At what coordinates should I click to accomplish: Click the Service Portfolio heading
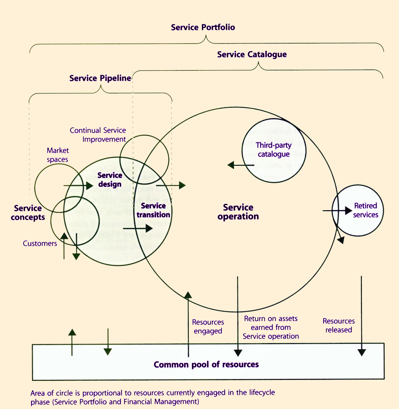tap(203, 28)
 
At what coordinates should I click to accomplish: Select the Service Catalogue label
tap(252, 55)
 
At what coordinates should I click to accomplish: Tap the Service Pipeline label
tap(100, 78)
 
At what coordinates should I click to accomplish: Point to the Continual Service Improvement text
tap(98, 135)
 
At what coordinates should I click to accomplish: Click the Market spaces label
tap(58, 155)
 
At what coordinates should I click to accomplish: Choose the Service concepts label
tap(28, 213)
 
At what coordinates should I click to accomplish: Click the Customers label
tap(40, 244)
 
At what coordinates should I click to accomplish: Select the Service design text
tap(110, 180)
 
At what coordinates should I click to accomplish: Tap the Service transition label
tap(153, 210)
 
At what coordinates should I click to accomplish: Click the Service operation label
tap(238, 212)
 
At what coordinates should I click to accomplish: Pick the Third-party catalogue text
tap(274, 150)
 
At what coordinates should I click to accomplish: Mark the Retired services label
tap(365, 210)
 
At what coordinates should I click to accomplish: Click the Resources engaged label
tap(208, 326)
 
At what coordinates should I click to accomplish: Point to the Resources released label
tap(339, 325)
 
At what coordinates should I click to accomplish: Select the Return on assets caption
tap(271, 327)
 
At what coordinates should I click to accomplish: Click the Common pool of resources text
tap(206, 365)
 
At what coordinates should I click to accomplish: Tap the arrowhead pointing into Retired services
tap(348, 211)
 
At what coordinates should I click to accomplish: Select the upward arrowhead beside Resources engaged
tap(188, 295)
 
